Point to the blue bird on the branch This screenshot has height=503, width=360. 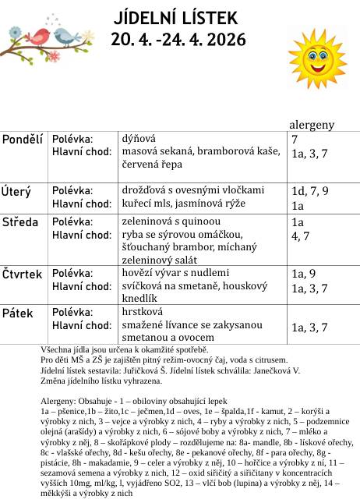click(x=69, y=34)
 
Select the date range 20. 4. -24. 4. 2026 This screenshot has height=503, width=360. click(x=178, y=39)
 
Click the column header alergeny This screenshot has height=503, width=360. click(x=312, y=125)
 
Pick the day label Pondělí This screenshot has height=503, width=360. click(x=23, y=140)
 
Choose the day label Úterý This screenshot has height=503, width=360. click(x=16, y=191)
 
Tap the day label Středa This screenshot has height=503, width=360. click(x=20, y=222)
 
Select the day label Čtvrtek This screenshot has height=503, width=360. click(x=22, y=274)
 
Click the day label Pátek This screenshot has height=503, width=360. click(x=18, y=313)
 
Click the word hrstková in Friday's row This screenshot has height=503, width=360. click(x=141, y=310)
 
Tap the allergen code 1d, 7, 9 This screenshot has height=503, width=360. click(x=310, y=191)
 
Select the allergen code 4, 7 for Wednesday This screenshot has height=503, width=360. click(x=299, y=236)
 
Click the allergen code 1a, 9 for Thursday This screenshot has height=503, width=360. click(x=303, y=274)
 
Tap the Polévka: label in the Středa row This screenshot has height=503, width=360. click(x=72, y=221)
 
